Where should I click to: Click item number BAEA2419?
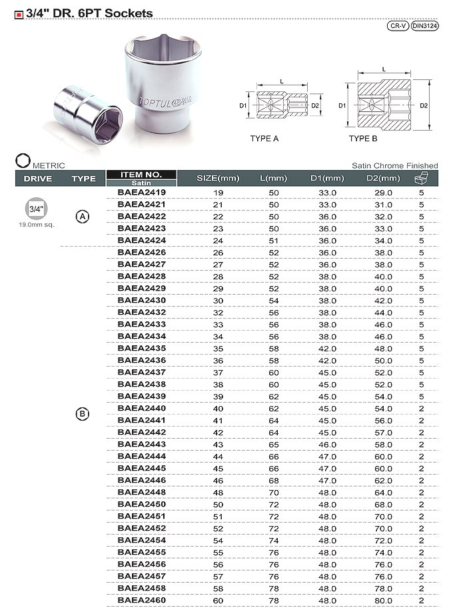click(x=141, y=193)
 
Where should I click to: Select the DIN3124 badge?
click(x=424, y=26)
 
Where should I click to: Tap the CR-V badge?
click(x=398, y=26)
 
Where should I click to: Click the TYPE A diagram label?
click(x=264, y=138)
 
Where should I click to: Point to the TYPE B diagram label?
click(x=363, y=138)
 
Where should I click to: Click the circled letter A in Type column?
click(x=83, y=217)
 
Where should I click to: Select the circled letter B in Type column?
click(x=83, y=414)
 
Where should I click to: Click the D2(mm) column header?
click(x=383, y=178)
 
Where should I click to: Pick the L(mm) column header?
click(x=273, y=178)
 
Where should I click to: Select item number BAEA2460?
click(x=141, y=600)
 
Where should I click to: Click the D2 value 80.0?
click(x=383, y=600)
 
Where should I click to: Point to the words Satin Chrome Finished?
click(x=395, y=165)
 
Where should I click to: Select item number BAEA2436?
click(x=141, y=360)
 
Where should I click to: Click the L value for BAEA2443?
click(x=273, y=444)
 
